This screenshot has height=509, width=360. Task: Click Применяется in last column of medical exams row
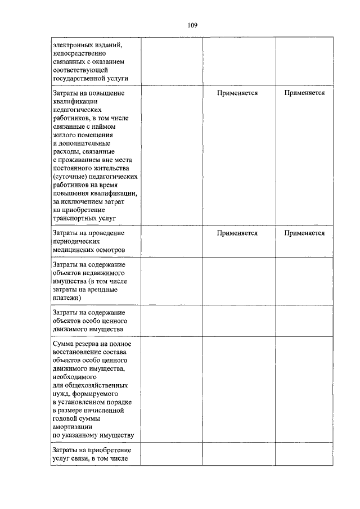pos(304,233)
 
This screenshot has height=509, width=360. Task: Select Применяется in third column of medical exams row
pos(237,233)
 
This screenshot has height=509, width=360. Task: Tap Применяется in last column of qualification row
pos(304,93)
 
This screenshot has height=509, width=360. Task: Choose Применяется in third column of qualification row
pos(237,93)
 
